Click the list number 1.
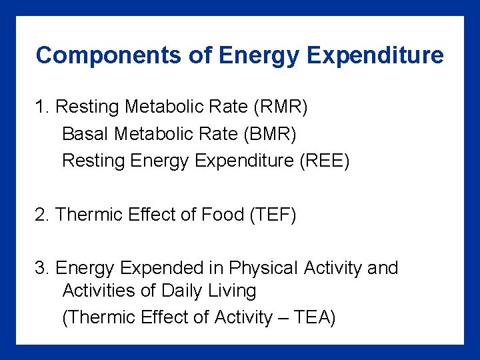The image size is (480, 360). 42,107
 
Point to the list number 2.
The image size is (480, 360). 42,215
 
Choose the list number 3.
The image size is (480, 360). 42,268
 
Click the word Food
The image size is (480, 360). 223,215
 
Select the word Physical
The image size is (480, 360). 263,268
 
